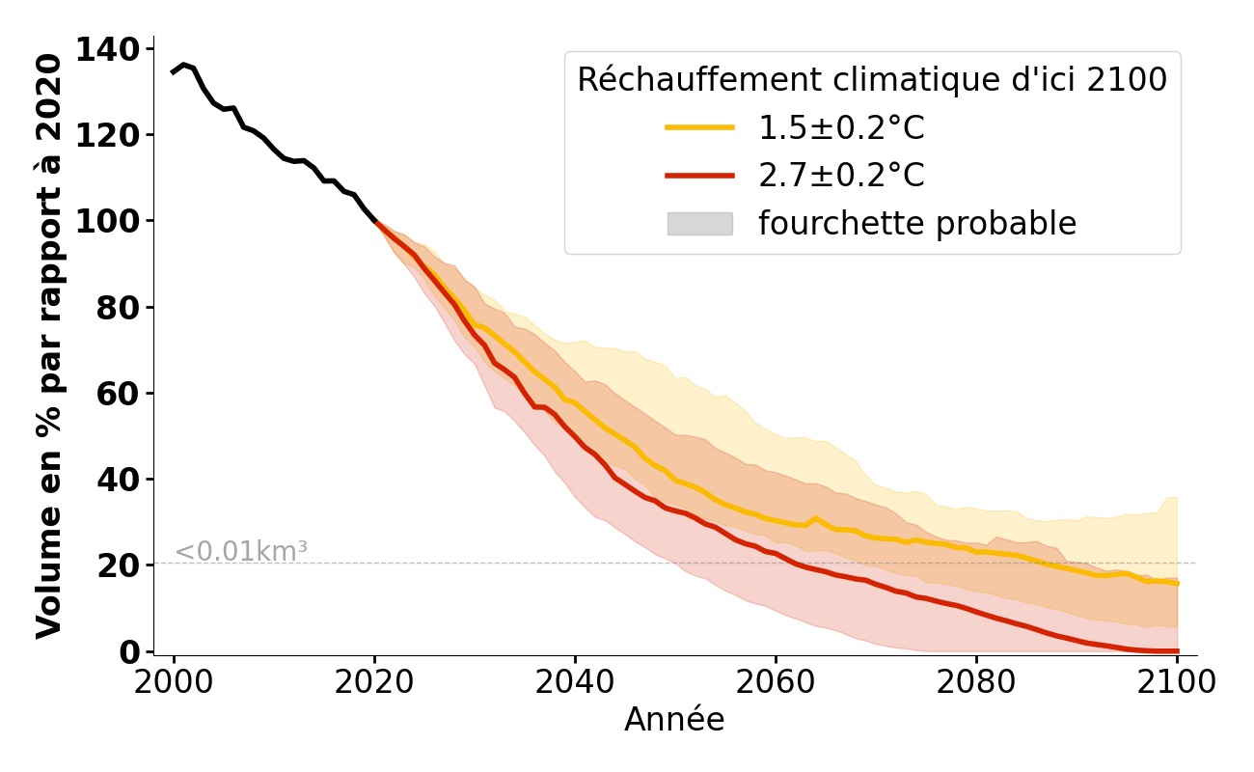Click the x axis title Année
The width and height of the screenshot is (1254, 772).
(674, 720)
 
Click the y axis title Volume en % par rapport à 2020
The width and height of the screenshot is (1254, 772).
(49, 346)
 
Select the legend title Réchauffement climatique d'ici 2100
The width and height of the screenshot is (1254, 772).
(872, 80)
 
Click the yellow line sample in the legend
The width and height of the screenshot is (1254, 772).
(699, 127)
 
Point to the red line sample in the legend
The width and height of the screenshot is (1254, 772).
(699, 176)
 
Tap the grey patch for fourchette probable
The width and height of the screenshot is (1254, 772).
(699, 224)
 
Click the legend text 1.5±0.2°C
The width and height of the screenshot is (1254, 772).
(841, 127)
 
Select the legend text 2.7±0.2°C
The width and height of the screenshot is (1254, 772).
(841, 176)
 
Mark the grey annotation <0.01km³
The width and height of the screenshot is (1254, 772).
(241, 552)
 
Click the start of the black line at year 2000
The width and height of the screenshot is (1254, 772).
(174, 72)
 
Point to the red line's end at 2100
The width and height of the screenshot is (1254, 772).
(1177, 651)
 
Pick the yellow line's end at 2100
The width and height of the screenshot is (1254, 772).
(1177, 583)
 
